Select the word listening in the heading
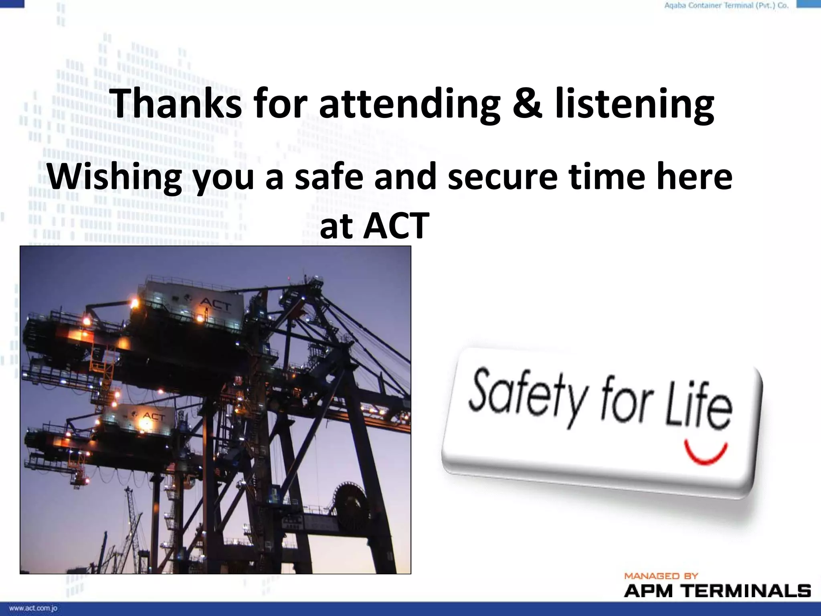[x=634, y=103]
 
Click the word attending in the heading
[x=409, y=103]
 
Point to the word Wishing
[x=115, y=177]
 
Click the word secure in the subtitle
[x=502, y=177]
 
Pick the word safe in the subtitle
[x=329, y=177]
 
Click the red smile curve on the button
[x=706, y=452]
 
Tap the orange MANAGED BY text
[x=661, y=576]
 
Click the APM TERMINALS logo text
[x=717, y=591]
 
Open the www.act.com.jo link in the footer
[x=33, y=608]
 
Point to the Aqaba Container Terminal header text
[x=726, y=6]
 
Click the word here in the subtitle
[x=694, y=177]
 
